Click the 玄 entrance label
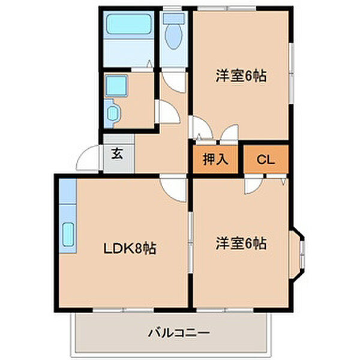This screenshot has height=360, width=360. [x=118, y=154]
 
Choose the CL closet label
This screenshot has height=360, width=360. [x=265, y=160]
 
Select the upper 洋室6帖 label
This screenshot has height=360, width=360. [x=241, y=76]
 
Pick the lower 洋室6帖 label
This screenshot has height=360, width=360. [x=241, y=244]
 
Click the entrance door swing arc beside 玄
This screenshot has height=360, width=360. [x=92, y=158]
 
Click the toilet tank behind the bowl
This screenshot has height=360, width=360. [x=173, y=18]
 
